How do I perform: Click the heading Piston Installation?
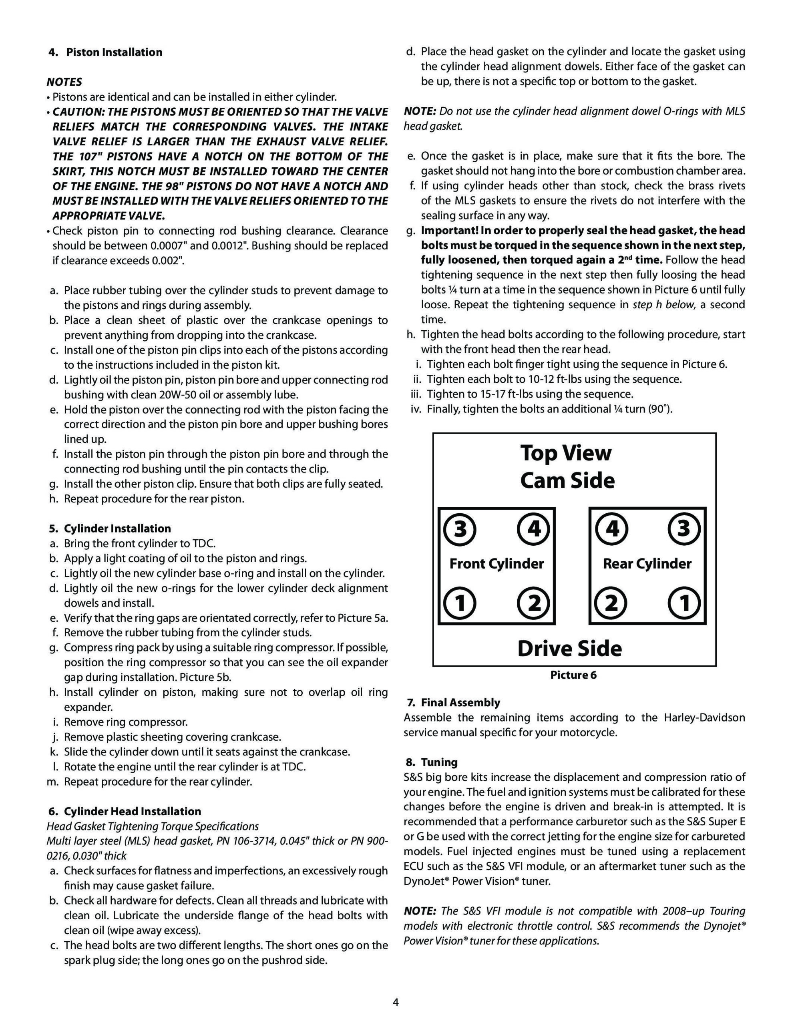pyautogui.click(x=114, y=52)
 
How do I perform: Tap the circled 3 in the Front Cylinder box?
pyautogui.click(x=460, y=529)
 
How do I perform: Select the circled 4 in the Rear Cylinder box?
pyautogui.click(x=612, y=529)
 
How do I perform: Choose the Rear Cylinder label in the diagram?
pyautogui.click(x=647, y=564)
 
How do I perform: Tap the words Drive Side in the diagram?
pyautogui.click(x=569, y=648)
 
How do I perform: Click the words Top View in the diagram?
pyautogui.click(x=566, y=453)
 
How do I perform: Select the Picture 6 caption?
pyautogui.click(x=573, y=675)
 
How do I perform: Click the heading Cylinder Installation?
pyautogui.click(x=117, y=529)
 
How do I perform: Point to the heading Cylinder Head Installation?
pyautogui.click(x=133, y=812)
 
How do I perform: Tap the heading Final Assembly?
pyautogui.click(x=460, y=703)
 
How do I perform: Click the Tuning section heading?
pyautogui.click(x=439, y=762)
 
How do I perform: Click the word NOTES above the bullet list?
pyautogui.click(x=64, y=82)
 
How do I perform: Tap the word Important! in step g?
pyautogui.click(x=449, y=231)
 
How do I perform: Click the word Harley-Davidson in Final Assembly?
pyautogui.click(x=704, y=717)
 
